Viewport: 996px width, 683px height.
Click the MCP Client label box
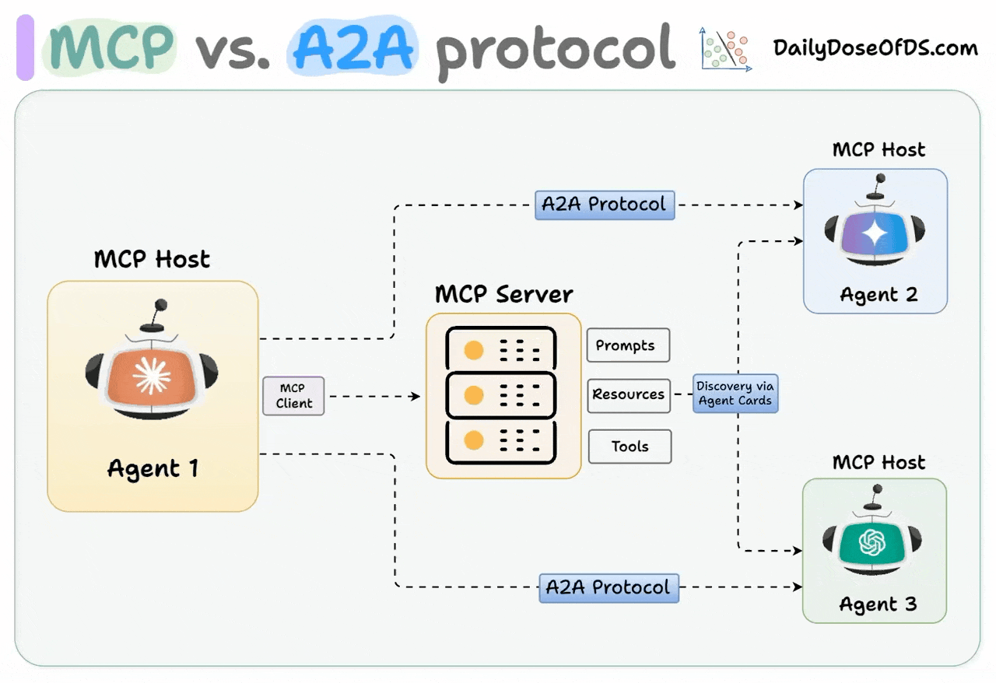pyautogui.click(x=293, y=396)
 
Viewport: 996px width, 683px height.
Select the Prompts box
pyautogui.click(x=628, y=345)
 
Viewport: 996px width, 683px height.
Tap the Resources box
pyautogui.click(x=628, y=394)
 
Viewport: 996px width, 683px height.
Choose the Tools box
pyautogui.click(x=630, y=447)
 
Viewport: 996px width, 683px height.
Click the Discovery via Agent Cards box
pyautogui.click(x=735, y=394)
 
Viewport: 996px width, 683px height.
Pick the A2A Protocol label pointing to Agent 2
pyautogui.click(x=605, y=205)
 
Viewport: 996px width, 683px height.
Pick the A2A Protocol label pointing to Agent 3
pyautogui.click(x=608, y=587)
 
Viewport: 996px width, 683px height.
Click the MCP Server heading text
pyautogui.click(x=503, y=295)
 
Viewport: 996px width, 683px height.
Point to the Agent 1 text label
pyautogui.click(x=153, y=468)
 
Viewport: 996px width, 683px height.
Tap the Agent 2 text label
pyautogui.click(x=879, y=295)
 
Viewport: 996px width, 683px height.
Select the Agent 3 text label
pyautogui.click(x=878, y=604)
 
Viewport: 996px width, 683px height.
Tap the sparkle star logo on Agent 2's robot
pyautogui.click(x=875, y=233)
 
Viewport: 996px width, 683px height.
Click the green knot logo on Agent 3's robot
pyautogui.click(x=873, y=541)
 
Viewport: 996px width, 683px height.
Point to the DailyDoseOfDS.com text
pyautogui.click(x=875, y=48)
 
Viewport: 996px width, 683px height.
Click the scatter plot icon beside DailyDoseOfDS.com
pyautogui.click(x=726, y=49)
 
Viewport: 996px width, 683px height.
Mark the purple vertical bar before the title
pyautogui.click(x=25, y=47)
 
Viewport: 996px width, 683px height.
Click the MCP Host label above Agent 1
pyautogui.click(x=152, y=259)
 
